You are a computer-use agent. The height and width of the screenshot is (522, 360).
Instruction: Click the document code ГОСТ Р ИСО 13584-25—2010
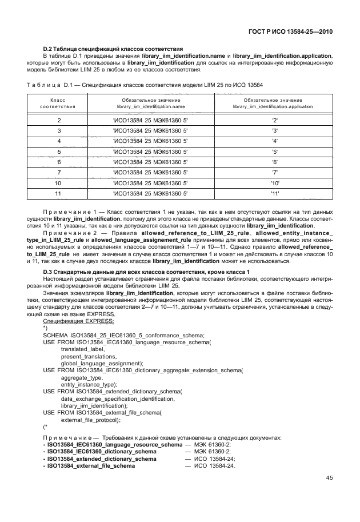(291, 31)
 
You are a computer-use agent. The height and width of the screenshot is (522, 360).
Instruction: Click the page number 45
(330, 478)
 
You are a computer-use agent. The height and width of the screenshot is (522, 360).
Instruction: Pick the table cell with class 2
(59, 121)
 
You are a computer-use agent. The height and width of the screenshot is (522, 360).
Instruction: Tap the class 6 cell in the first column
(59, 162)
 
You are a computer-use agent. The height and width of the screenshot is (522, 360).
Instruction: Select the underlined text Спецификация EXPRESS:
(71, 322)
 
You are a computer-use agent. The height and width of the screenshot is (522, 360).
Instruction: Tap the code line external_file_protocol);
(90, 419)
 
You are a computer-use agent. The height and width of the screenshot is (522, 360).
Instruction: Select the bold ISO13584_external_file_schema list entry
(91, 466)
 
